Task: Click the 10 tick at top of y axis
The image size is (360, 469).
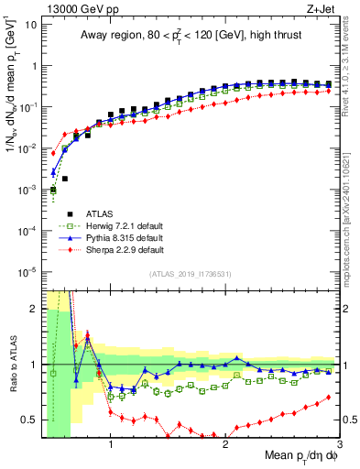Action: pos(31,23)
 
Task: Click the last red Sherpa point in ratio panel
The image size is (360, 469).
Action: pos(329,397)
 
